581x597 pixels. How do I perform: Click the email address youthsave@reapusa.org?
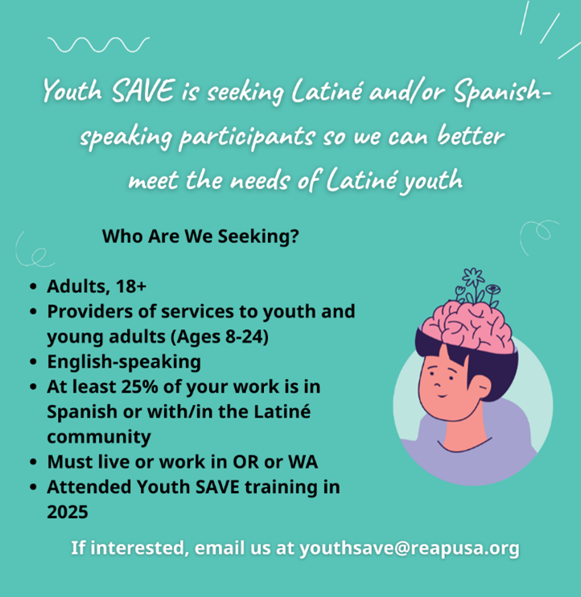click(x=410, y=549)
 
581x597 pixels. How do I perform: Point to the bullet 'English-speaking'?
click(x=124, y=361)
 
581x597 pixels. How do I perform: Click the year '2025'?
click(x=68, y=511)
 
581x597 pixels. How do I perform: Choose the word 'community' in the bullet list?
click(x=99, y=437)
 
